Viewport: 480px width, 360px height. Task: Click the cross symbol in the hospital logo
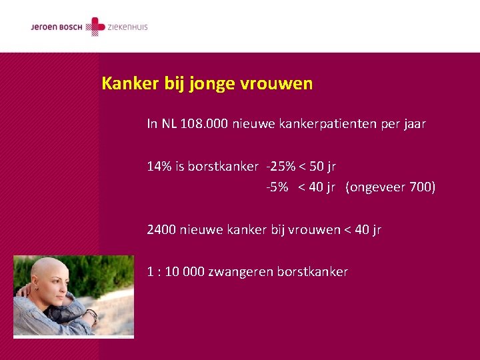point(97,27)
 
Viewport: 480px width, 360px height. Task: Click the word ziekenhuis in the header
point(128,27)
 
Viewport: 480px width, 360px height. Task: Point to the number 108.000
point(204,124)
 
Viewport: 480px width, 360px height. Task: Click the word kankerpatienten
point(329,124)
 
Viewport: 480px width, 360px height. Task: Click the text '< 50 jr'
point(319,167)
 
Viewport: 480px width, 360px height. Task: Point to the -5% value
point(277,187)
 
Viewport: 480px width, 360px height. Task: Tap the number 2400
point(161,230)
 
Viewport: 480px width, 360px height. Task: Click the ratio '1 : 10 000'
point(175,272)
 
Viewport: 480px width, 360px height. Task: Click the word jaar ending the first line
point(413,124)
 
